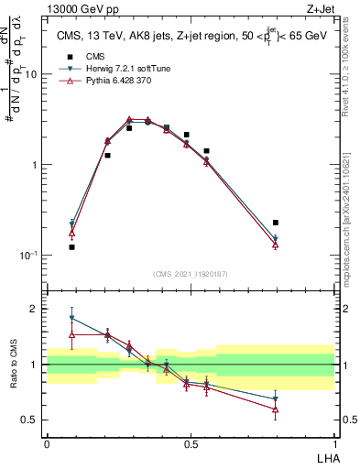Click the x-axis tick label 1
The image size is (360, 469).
pyautogui.click(x=334, y=443)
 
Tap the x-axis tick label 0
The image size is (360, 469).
pyautogui.click(x=47, y=443)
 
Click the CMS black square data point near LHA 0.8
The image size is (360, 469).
pyautogui.click(x=276, y=223)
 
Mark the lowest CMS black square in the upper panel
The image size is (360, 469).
pyautogui.click(x=71, y=247)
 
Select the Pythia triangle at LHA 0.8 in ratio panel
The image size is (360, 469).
pyautogui.click(x=276, y=409)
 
